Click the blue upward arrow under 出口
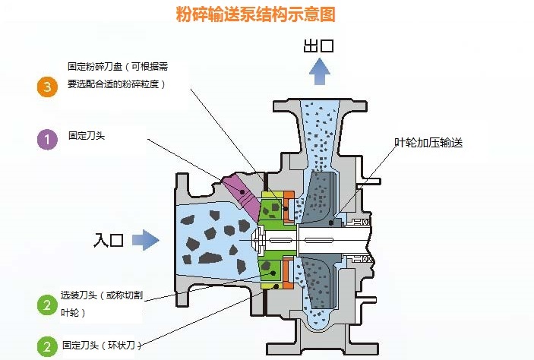tap(319, 73)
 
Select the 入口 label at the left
tap(109, 241)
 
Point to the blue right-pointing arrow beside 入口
tap(146, 241)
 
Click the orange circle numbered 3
tap(47, 87)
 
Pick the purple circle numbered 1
tap(47, 139)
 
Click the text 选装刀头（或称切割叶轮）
tap(100, 303)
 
